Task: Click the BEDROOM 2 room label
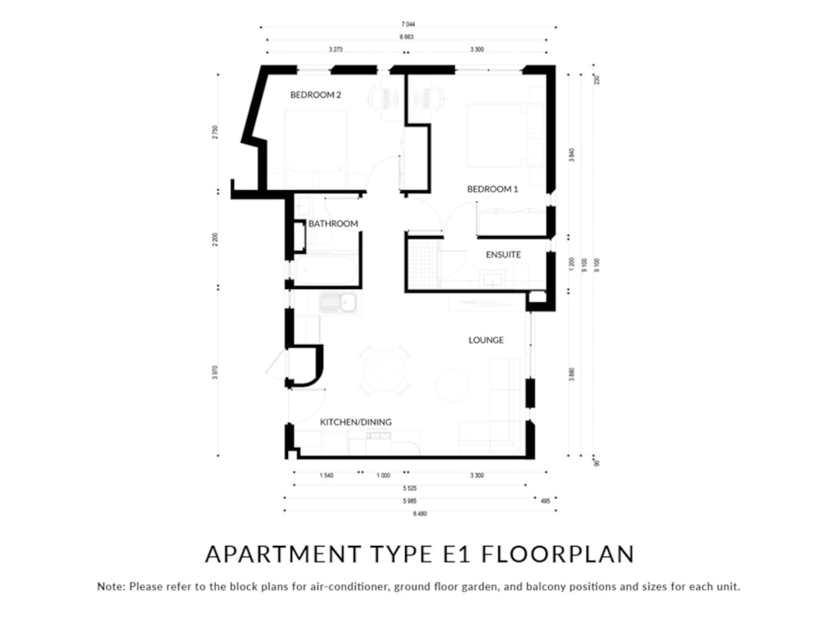(316, 95)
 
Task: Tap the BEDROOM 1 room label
(493, 189)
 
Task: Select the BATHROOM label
(333, 224)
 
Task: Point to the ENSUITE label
(504, 254)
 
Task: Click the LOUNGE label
(485, 340)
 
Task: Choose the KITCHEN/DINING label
(356, 422)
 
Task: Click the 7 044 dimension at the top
(408, 25)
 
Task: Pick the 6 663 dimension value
(408, 38)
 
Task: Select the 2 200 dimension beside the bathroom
(215, 239)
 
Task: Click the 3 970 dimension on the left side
(215, 372)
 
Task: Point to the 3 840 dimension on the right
(572, 155)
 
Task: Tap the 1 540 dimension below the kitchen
(327, 476)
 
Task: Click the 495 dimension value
(545, 501)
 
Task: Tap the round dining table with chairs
(385, 369)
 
